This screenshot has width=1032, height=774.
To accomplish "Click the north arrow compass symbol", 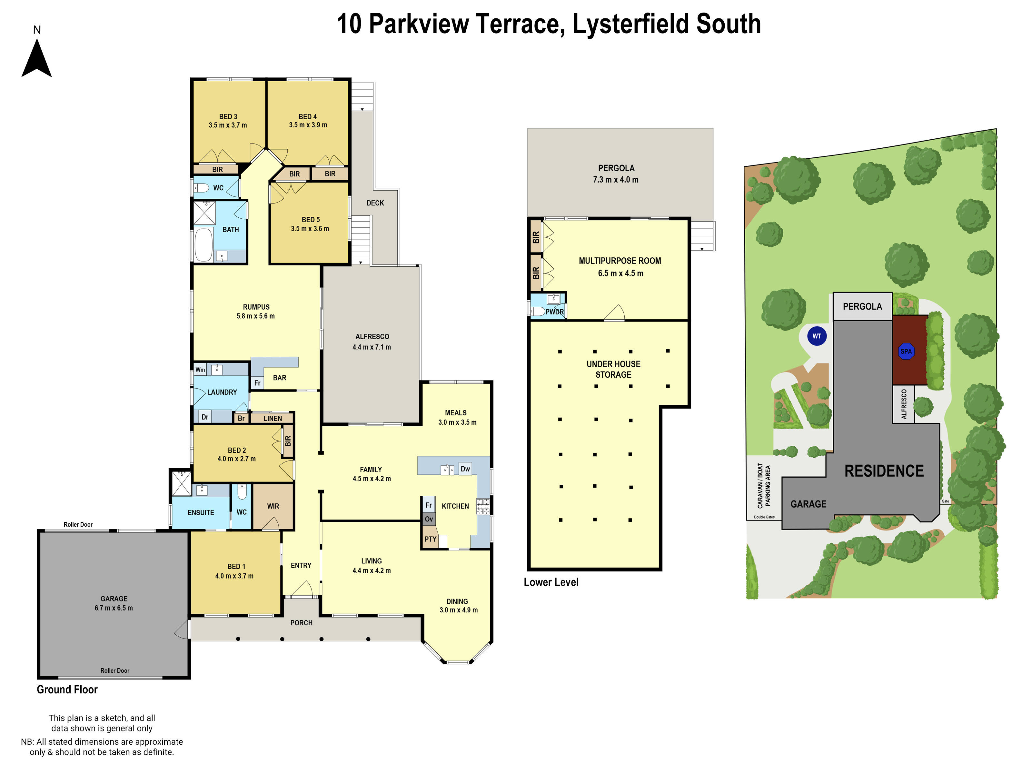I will coord(36,58).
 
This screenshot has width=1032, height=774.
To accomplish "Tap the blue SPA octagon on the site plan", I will coord(906,351).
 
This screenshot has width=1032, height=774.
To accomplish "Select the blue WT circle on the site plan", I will coord(817,336).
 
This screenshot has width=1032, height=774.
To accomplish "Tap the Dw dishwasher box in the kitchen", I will coord(465,469).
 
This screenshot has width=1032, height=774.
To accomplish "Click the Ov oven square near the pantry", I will coord(429,519).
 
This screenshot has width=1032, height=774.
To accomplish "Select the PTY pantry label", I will coord(430,539).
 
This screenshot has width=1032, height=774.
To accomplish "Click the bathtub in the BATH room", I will coord(203,244).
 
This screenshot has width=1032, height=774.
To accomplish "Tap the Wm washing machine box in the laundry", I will coord(200,370).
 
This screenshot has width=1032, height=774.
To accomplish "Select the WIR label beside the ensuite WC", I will coord(273,506).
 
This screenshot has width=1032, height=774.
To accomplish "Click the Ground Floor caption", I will coord(67,690).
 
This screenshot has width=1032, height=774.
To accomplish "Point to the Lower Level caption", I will coord(551,582).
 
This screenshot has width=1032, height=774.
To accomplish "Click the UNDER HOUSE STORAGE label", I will coord(613,369).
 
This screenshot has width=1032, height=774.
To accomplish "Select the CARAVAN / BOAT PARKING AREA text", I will coord(763,486).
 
